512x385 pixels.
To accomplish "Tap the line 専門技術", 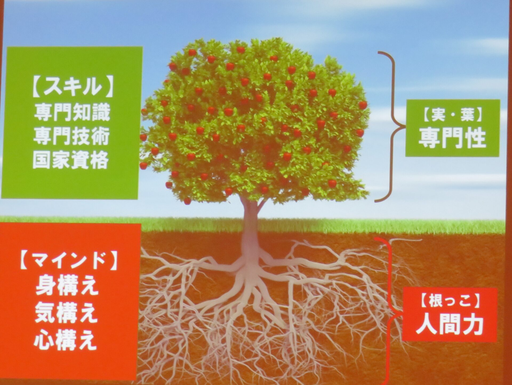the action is click(x=71, y=137).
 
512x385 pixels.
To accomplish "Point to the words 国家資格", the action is click(x=71, y=160).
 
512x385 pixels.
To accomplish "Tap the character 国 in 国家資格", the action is click(x=42, y=160).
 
